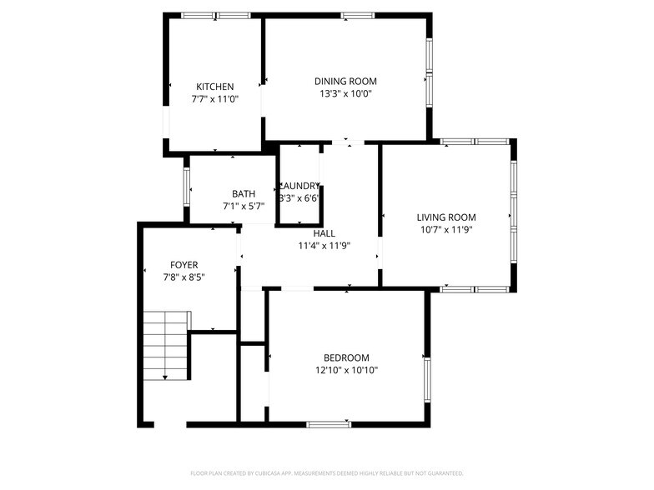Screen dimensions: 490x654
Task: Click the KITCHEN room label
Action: pos(214,87)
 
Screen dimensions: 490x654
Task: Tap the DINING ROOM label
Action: pos(345,82)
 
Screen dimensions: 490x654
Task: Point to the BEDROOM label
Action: pos(346,358)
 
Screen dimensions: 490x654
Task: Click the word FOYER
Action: pos(184,265)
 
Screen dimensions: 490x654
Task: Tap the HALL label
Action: pos(324,234)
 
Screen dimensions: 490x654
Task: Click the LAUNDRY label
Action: pos(299,186)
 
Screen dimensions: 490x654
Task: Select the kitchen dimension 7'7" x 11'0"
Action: pos(214,99)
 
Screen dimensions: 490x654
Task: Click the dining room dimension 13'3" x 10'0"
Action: pos(345,94)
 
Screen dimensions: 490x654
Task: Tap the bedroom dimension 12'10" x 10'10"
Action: pos(346,371)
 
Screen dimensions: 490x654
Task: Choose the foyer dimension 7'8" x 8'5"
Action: pos(184,277)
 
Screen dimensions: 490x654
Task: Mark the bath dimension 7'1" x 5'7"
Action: pos(244,206)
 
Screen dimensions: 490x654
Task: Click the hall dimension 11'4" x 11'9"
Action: pos(324,246)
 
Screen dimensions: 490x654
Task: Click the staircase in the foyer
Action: pos(164,344)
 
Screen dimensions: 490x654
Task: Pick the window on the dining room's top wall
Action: pos(357,15)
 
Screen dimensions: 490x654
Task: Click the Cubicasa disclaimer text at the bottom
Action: pos(326,472)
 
